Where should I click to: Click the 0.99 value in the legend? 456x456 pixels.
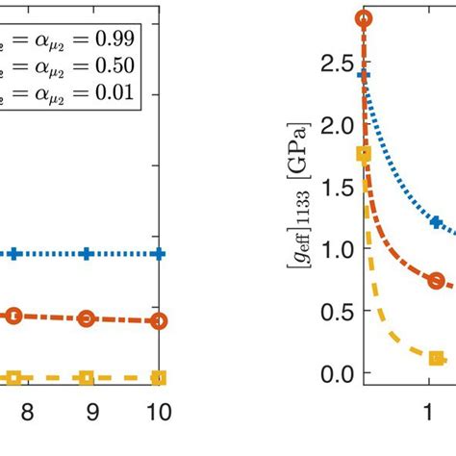click(113, 38)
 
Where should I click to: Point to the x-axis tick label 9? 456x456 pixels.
click(92, 412)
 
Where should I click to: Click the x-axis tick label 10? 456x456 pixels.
click(158, 412)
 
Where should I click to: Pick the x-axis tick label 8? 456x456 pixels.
click(27, 412)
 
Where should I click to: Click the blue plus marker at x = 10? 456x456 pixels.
click(159, 254)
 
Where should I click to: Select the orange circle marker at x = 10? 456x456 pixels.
click(159, 321)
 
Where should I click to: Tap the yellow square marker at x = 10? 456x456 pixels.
click(159, 378)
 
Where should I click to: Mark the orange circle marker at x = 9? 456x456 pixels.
click(86, 318)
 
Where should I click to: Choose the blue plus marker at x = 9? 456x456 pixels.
click(86, 254)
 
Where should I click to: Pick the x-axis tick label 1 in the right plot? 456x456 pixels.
click(428, 412)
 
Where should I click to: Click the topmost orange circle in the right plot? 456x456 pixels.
click(363, 18)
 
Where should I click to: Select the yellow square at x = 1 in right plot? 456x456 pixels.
click(436, 358)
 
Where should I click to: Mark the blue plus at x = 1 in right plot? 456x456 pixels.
click(436, 222)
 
